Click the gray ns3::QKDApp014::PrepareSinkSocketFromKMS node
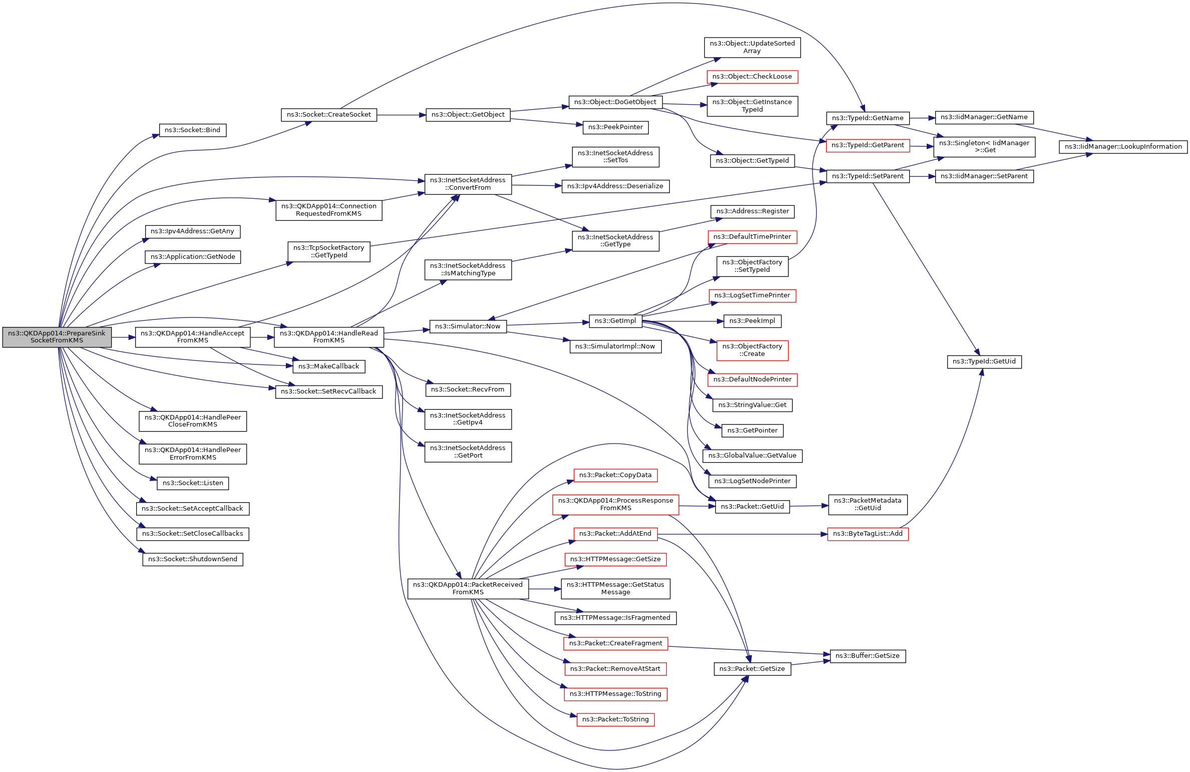[57, 337]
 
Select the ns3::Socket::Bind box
[192, 130]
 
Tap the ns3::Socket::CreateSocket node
[328, 115]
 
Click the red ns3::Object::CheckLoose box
[752, 77]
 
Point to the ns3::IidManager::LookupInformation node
[1123, 147]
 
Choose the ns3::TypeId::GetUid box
[984, 361]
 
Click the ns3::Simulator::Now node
[468, 326]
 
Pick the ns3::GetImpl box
[615, 321]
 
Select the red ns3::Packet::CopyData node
[615, 475]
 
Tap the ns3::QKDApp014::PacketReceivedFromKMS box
[468, 588]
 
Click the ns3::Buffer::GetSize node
[867, 656]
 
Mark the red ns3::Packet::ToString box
[615, 719]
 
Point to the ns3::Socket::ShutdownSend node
[192, 559]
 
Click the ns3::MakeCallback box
[328, 366]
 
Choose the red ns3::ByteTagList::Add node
[867, 534]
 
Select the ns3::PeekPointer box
[615, 127]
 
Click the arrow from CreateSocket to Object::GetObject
[401, 115]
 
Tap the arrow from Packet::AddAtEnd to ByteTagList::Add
[741, 534]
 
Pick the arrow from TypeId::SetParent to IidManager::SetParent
[922, 176]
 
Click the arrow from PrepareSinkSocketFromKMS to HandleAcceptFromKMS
[123, 337]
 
